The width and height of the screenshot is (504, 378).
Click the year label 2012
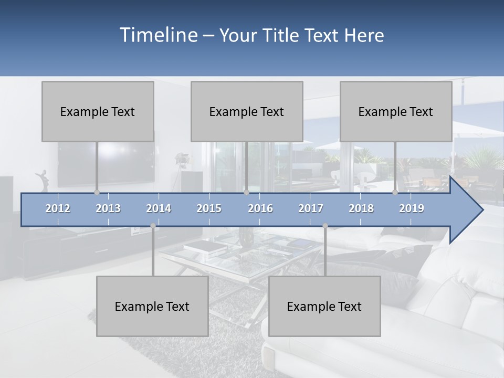point(58,208)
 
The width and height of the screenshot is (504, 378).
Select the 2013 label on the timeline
point(108,208)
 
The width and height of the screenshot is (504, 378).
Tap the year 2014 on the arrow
point(159,208)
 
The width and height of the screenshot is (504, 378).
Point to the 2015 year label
point(209,208)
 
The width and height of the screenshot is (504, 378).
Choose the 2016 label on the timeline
point(260,208)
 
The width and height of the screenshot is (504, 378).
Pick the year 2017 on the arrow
point(311,208)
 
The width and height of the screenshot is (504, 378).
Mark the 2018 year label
point(361,208)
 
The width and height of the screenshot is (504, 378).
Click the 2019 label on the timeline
point(412,208)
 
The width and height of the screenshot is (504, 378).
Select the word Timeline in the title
point(157,35)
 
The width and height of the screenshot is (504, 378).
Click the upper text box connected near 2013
point(98,111)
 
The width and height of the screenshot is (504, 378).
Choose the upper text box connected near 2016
point(247,111)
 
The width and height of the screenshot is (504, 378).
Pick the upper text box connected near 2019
point(396,111)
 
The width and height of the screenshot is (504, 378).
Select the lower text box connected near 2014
point(152,306)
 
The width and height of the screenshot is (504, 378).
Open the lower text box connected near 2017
point(324,306)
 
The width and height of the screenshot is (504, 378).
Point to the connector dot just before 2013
point(97,192)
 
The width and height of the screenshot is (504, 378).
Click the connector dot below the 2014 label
point(153,226)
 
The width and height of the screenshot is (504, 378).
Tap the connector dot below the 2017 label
point(325,226)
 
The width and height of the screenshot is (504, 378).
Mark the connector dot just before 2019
point(395,192)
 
